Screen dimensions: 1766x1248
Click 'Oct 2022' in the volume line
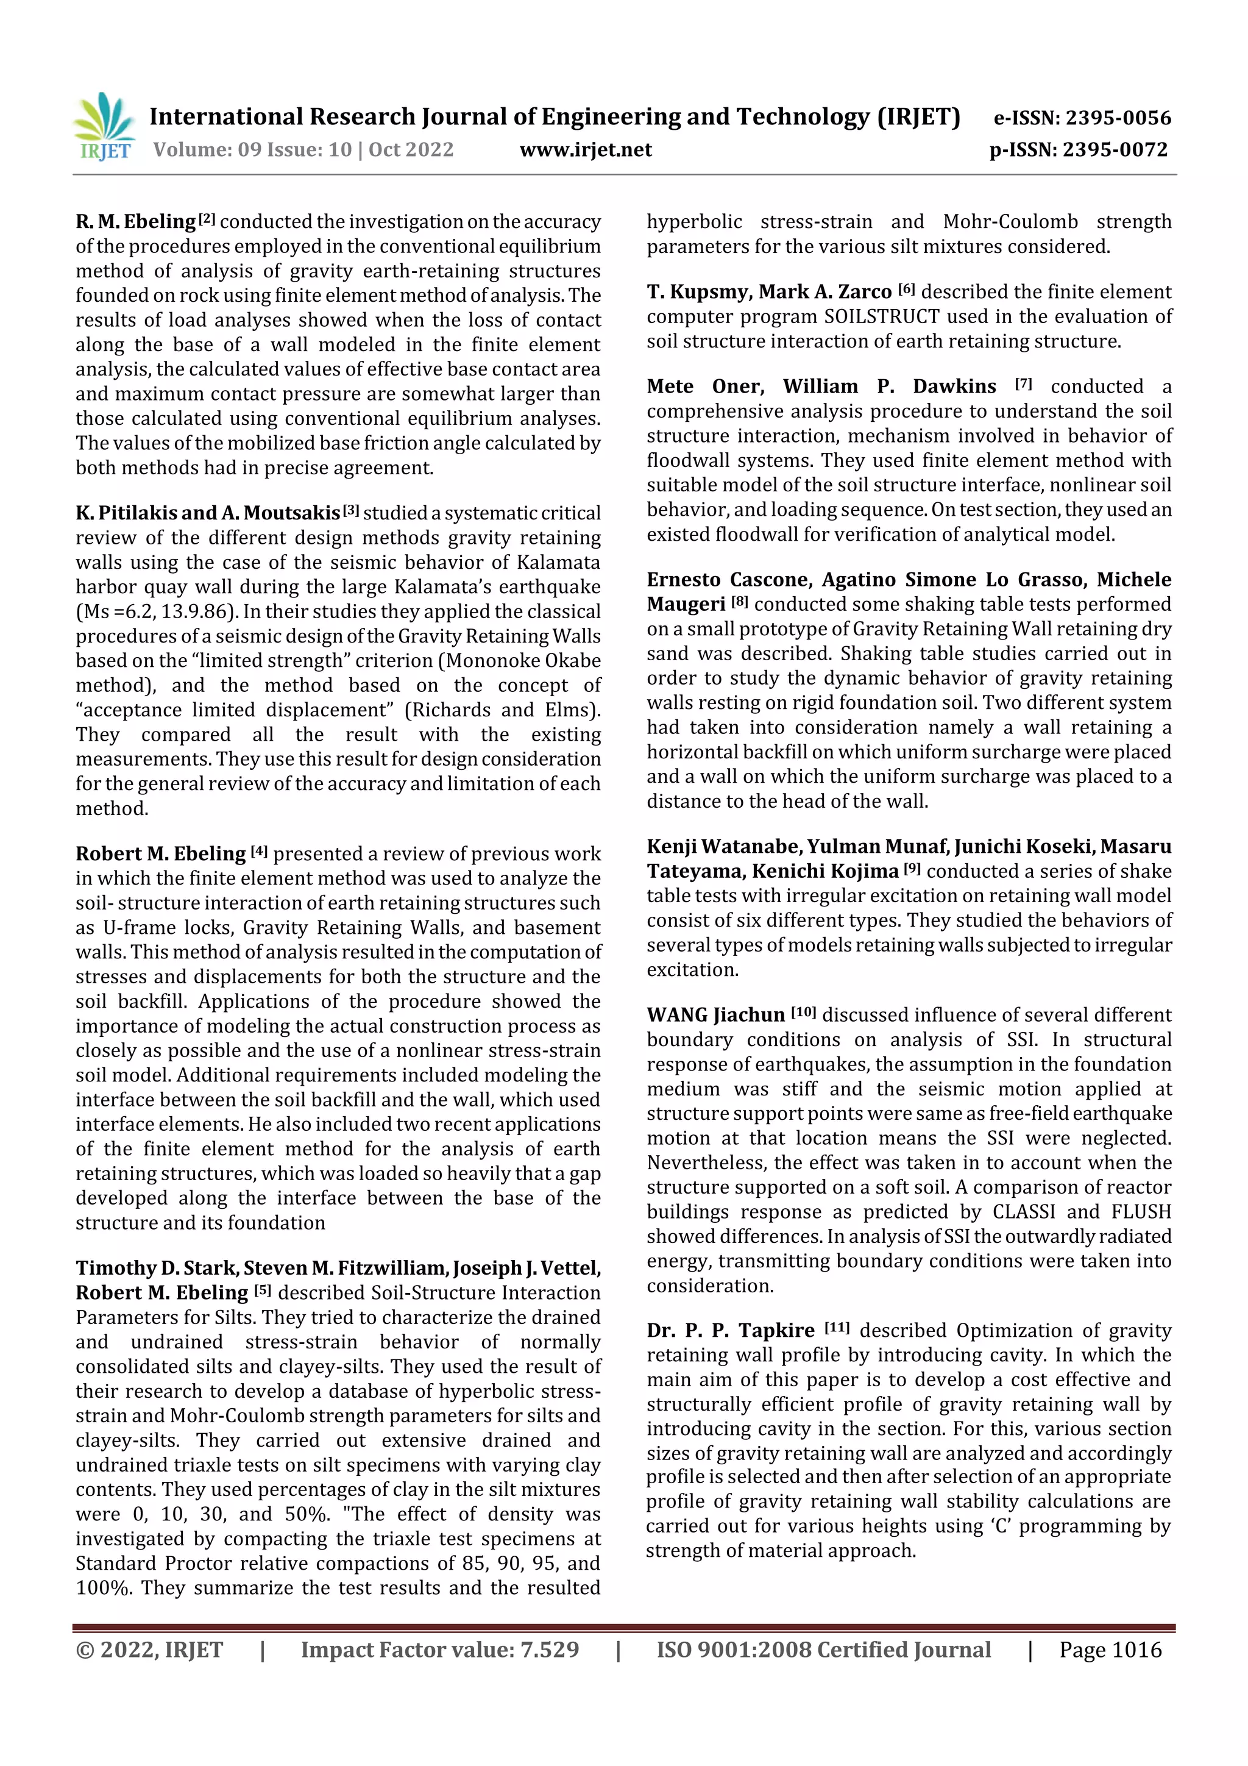[411, 150]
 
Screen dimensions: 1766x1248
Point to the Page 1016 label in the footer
[1110, 1649]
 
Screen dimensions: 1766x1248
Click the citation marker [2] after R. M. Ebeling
[207, 219]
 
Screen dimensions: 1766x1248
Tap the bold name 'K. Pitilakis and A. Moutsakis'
[208, 513]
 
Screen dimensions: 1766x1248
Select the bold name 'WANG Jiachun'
[715, 1016]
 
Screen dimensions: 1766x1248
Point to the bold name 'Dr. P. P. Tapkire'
[731, 1331]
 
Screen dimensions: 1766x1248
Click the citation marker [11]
[837, 1328]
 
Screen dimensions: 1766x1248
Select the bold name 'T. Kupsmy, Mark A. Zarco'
[769, 292]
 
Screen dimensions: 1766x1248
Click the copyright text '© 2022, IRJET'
[149, 1649]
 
